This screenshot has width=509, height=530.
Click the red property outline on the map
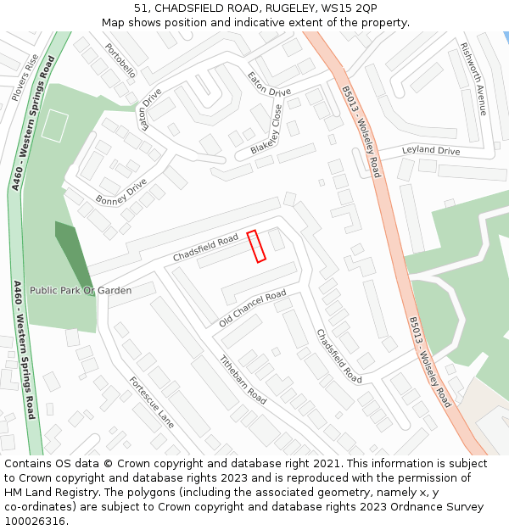pos(256,247)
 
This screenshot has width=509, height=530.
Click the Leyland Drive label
pos(430,151)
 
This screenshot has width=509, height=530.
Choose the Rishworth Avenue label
pos(473,78)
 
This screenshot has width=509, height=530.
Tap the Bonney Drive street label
pos(120,192)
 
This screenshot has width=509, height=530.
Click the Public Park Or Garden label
pos(81,291)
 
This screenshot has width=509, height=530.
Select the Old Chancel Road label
pos(253,309)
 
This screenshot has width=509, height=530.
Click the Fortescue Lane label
pos(152,402)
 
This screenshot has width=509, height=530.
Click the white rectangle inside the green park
pos(54,126)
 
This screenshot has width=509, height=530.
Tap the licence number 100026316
pos(35,521)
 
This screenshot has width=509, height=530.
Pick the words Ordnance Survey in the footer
pos(435,507)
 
